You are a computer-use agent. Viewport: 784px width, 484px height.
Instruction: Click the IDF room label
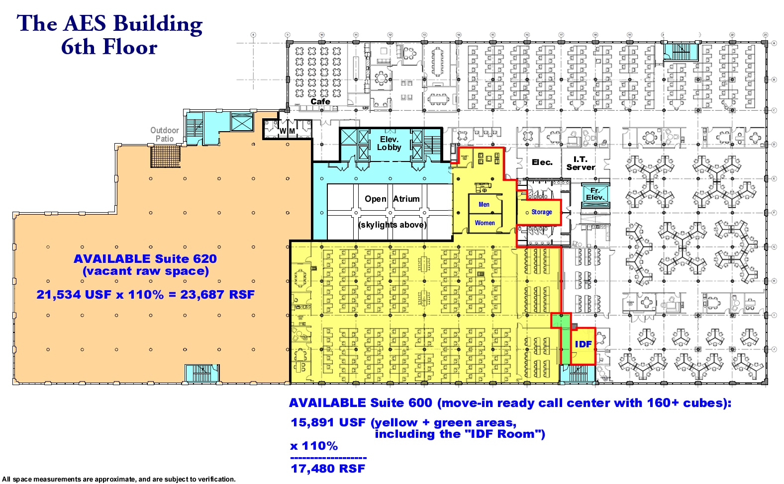coord(583,344)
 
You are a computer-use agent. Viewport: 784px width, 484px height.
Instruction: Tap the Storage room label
coord(541,212)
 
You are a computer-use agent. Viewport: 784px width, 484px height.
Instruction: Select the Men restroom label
coord(484,205)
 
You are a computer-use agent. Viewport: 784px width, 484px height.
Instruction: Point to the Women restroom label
coord(485,223)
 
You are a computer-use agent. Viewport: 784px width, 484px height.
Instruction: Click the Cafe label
coord(320,101)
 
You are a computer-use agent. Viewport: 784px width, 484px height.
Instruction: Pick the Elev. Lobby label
coord(389,144)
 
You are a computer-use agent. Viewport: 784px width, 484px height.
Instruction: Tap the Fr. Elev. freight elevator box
coord(595,194)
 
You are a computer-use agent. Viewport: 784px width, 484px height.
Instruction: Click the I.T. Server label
coord(580,163)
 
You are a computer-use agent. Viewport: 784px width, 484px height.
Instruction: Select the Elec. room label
coord(542,162)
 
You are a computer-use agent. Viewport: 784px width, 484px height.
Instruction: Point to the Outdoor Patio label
coord(165,135)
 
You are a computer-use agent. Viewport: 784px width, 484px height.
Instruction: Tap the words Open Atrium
coord(392,199)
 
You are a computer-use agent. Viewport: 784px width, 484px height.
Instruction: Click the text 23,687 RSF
coord(217,295)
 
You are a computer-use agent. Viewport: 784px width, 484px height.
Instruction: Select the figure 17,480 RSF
coord(328,469)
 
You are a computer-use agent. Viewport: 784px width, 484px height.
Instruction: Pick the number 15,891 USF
coord(328,422)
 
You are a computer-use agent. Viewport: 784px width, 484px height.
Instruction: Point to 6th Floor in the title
coord(109,48)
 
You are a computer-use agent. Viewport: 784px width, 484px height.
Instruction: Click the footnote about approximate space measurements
coord(119,480)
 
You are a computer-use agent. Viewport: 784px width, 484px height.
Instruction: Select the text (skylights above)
coord(392,225)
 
